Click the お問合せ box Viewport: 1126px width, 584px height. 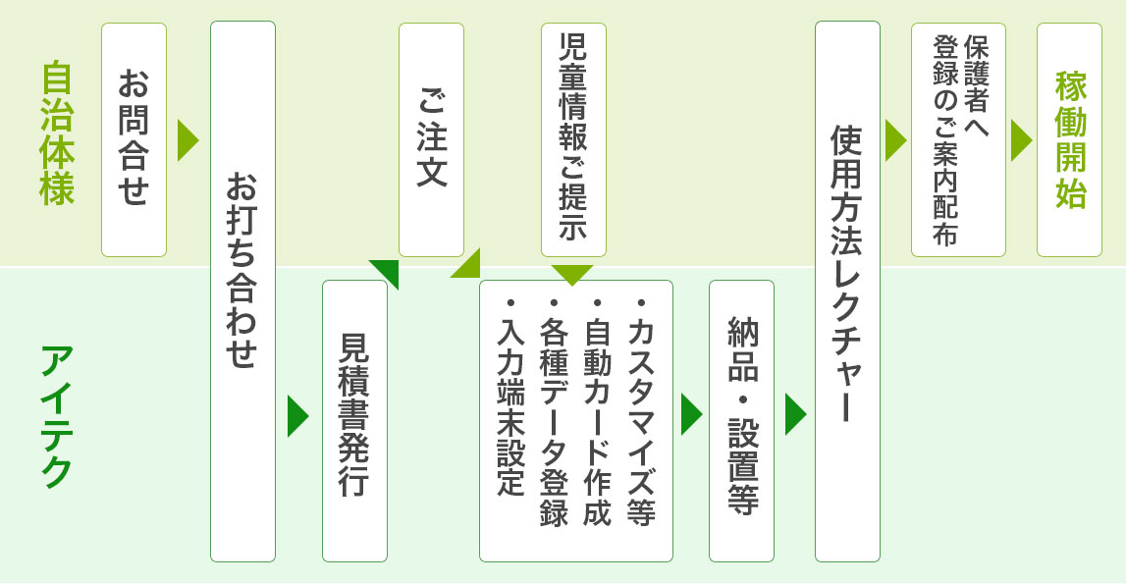pyautogui.click(x=134, y=139)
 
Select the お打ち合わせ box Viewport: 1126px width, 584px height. pyautogui.click(x=242, y=291)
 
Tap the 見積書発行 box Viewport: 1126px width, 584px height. pyautogui.click(x=354, y=420)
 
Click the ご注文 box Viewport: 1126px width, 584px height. pyautogui.click(x=431, y=139)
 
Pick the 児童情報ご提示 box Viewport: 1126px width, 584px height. pyautogui.click(x=573, y=139)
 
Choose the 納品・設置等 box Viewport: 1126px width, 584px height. pyautogui.click(x=741, y=420)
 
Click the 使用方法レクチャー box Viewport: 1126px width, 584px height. pyautogui.click(x=847, y=291)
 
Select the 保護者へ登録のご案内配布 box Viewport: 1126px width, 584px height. pyautogui.click(x=958, y=139)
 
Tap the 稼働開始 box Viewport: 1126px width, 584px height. pyautogui.click(x=1069, y=139)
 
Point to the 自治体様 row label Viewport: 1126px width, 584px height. pyautogui.click(x=58, y=134)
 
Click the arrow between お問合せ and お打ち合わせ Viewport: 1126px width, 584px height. pyautogui.click(x=188, y=140)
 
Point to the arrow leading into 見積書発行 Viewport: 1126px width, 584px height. pyautogui.click(x=296, y=416)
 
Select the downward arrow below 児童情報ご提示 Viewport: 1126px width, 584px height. pyautogui.click(x=573, y=274)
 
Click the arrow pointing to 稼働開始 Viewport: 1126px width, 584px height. pyautogui.click(x=1021, y=140)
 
